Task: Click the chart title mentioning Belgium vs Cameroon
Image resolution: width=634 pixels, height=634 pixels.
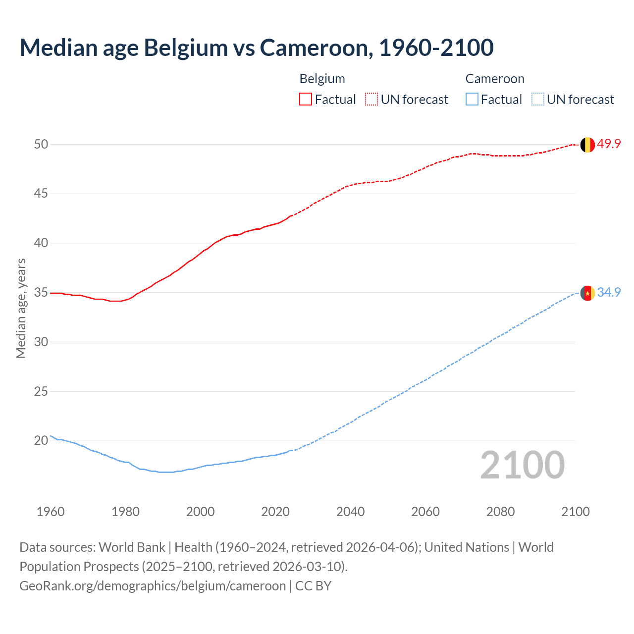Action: [x=256, y=48]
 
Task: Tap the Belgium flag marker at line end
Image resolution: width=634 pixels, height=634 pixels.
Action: [x=587, y=145]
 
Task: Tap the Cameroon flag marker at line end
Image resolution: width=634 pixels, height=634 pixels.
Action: [x=587, y=293]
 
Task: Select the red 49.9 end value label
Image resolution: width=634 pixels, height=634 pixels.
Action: [x=609, y=144]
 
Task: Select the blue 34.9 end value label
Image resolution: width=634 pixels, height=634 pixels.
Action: [x=609, y=293]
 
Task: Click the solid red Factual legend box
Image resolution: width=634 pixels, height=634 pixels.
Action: [x=306, y=100]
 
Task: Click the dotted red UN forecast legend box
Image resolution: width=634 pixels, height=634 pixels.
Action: [x=371, y=100]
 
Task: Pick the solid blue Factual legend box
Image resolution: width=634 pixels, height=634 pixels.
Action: [x=472, y=100]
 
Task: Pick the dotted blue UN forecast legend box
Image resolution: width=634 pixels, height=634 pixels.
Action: [x=537, y=100]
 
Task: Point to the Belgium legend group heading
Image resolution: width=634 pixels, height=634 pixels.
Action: [x=322, y=79]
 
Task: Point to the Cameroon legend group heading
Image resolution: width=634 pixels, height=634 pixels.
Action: [x=494, y=79]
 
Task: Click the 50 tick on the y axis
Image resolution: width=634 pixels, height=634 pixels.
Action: [x=41, y=144]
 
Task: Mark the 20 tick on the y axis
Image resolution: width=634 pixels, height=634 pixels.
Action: [x=41, y=440]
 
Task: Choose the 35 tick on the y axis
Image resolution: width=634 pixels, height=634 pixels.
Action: [x=41, y=292]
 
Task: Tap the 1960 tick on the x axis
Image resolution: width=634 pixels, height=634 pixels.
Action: [x=51, y=512]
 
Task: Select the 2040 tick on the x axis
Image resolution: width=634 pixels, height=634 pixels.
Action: [x=350, y=512]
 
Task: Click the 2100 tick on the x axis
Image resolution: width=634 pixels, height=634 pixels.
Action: [x=575, y=512]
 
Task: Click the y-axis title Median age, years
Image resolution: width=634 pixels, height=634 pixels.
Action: [x=21, y=308]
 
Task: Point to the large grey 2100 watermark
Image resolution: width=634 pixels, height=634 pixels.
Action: [x=522, y=465]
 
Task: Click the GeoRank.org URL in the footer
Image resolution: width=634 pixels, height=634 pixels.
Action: [x=153, y=586]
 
